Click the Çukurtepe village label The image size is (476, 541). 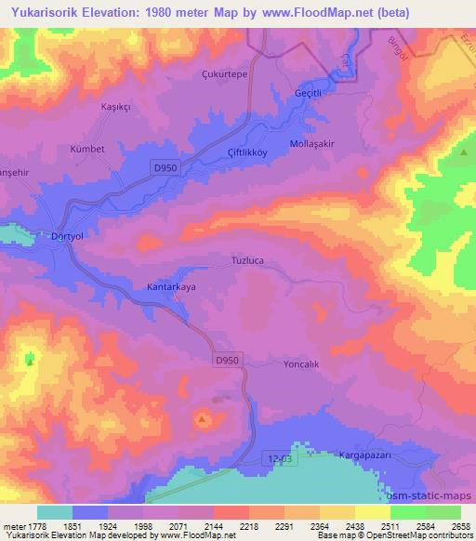224,73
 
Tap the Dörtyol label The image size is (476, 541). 67,236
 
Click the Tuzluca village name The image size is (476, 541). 247,261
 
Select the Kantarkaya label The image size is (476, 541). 172,288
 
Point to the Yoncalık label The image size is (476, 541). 301,364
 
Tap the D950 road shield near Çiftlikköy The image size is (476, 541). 164,165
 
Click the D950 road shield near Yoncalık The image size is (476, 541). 227,359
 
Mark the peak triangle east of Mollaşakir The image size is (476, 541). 463,152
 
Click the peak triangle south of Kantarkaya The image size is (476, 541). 202,419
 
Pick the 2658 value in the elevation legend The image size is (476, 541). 462,526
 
